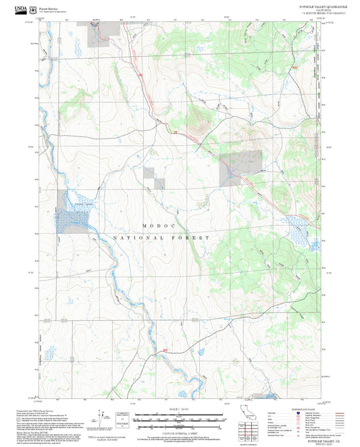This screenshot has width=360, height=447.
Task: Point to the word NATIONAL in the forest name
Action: [138, 238]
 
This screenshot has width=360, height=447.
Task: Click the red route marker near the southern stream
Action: [165, 349]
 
